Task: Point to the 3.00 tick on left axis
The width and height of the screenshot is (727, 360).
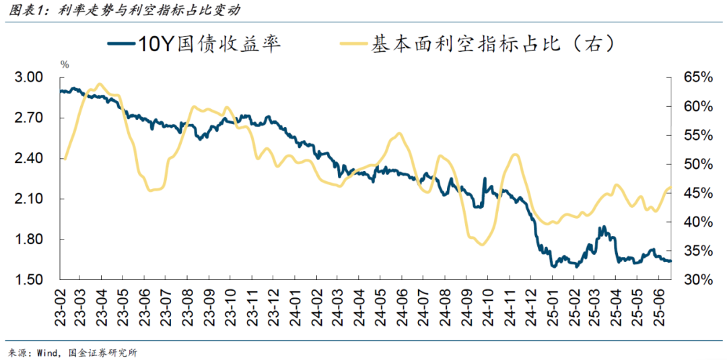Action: (x=28, y=78)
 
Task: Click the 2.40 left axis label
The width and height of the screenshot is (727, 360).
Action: (x=28, y=159)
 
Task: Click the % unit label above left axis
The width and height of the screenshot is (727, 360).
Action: (x=65, y=65)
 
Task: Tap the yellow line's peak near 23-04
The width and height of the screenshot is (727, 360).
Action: (x=100, y=84)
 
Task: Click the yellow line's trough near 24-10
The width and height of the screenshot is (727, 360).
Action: (x=481, y=244)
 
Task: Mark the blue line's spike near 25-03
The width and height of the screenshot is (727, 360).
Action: (x=604, y=227)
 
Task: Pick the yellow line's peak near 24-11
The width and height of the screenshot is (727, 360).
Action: (x=516, y=155)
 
